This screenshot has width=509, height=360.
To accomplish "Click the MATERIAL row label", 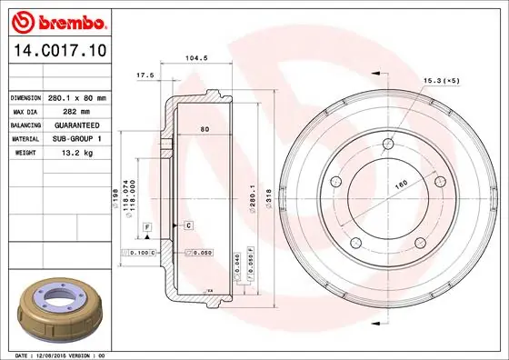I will [25, 138].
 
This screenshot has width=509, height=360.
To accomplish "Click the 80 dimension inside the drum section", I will [205, 129].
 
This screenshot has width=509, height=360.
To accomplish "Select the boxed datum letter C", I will [187, 224].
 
